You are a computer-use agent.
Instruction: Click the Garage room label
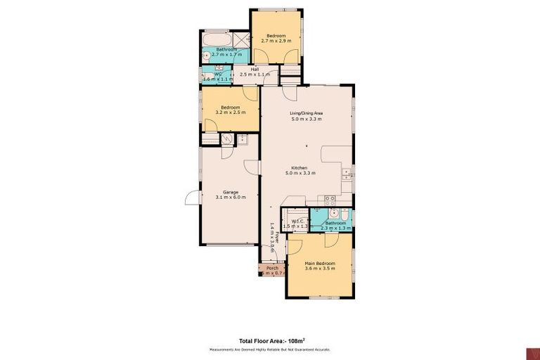231,192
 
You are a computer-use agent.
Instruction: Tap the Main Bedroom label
320,263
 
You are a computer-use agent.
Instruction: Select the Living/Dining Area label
307,113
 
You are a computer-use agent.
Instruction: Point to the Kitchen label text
300,167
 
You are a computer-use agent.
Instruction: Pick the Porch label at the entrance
272,268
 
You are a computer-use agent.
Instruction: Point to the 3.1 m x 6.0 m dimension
231,198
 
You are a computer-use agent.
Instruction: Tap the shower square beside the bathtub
241,39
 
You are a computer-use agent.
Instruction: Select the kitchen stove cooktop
330,200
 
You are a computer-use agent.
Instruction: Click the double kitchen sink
347,175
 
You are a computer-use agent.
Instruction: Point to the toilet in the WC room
207,77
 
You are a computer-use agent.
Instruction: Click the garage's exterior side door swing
191,198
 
